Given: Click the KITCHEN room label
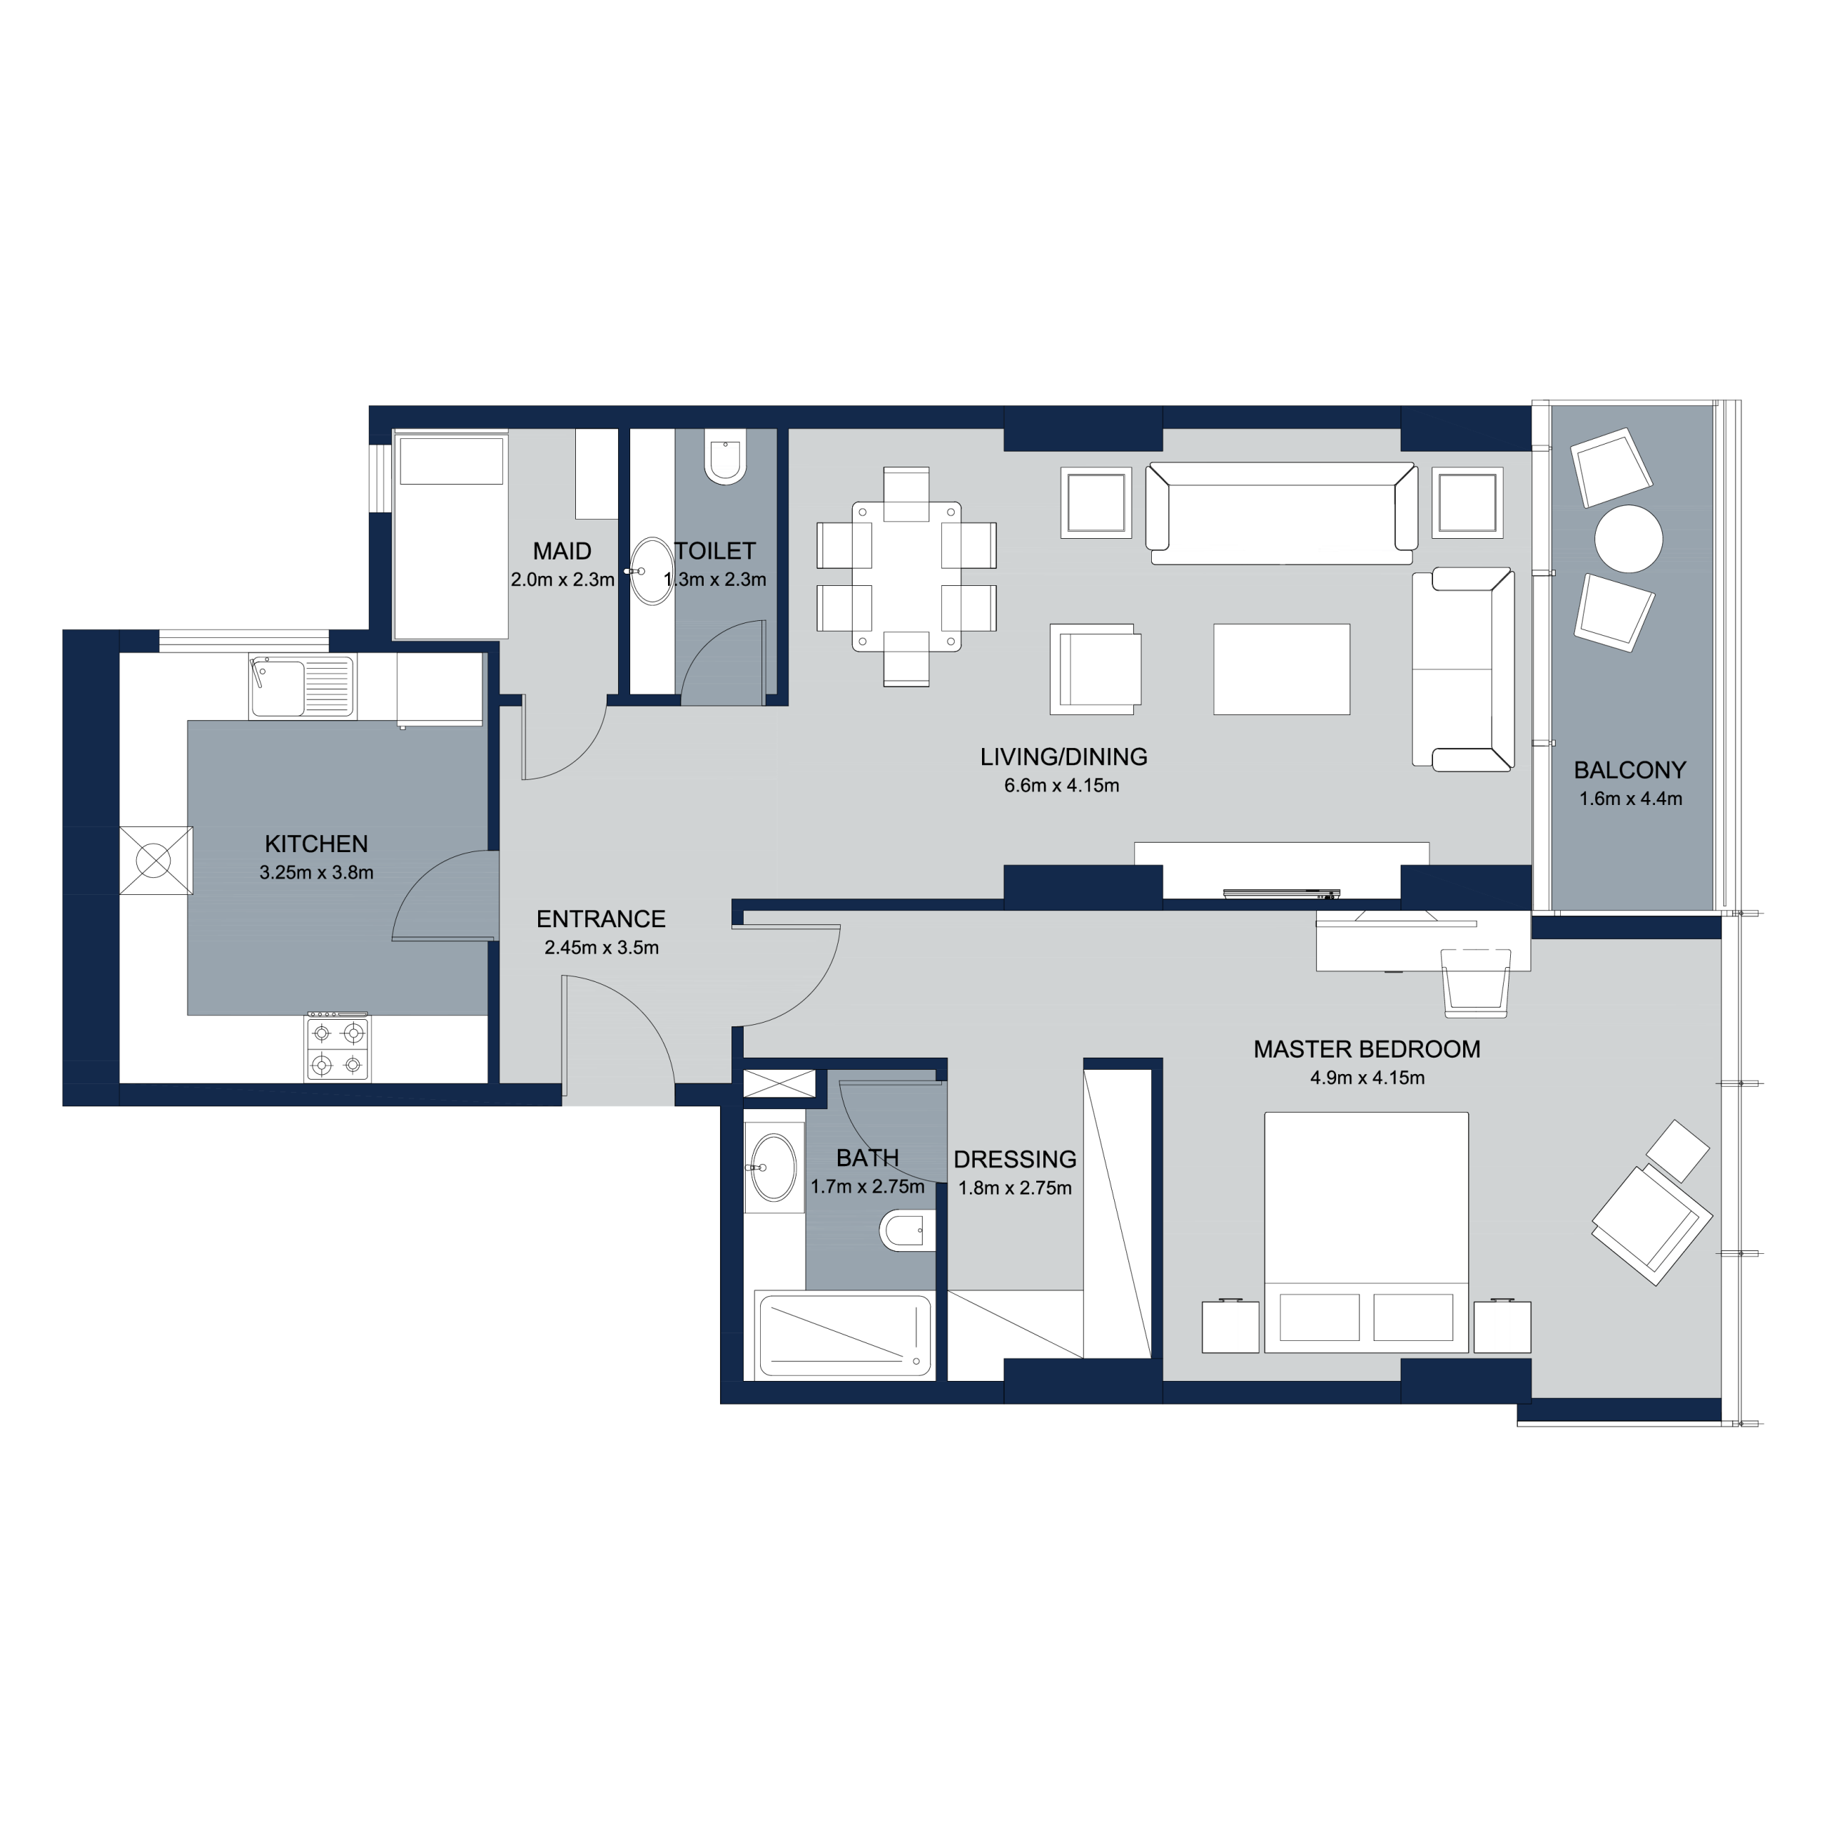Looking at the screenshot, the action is [x=316, y=844].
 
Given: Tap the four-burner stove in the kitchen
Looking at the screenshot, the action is [x=338, y=1048].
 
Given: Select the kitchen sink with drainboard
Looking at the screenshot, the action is [x=302, y=687].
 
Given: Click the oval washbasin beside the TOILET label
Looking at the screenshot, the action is [x=651, y=570].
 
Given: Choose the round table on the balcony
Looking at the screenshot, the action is [x=1629, y=539].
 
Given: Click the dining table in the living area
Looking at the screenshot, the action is [x=906, y=577].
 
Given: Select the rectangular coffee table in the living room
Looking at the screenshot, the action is [x=1281, y=669].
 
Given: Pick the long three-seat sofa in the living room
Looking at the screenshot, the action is [x=1281, y=512].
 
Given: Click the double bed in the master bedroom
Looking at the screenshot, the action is [x=1367, y=1231].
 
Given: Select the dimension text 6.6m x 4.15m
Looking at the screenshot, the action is [x=1062, y=785].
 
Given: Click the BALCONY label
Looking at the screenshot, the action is [x=1630, y=770].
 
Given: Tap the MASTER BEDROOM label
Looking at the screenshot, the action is [x=1367, y=1048].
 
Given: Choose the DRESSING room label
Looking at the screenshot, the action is [x=1015, y=1160].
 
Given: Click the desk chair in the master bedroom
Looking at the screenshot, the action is [x=1475, y=984].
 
